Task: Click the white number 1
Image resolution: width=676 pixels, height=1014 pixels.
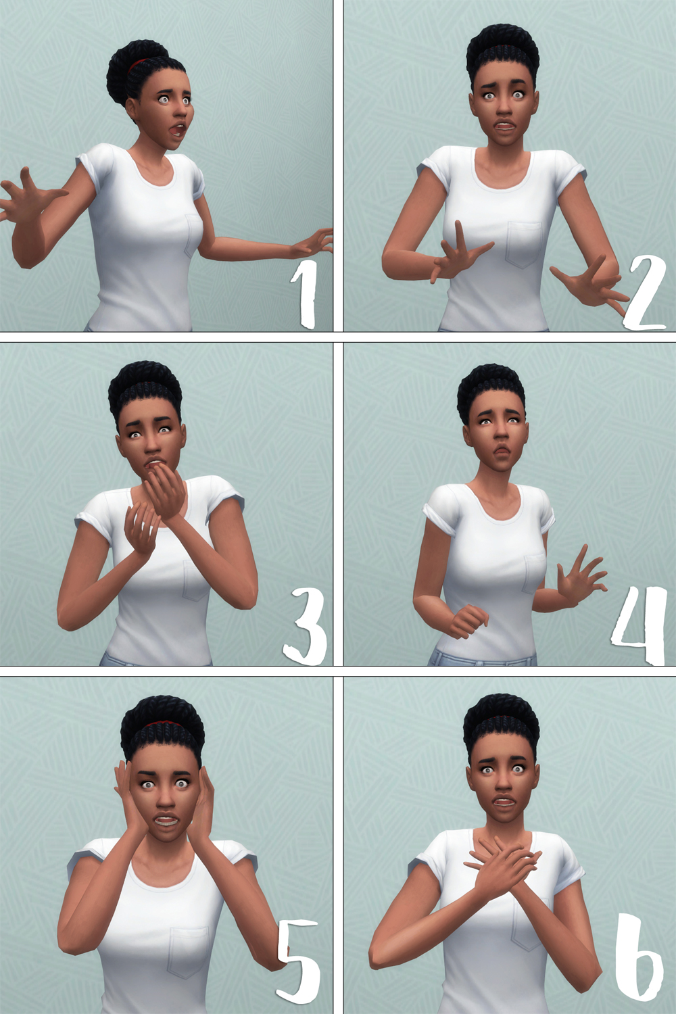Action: [x=305, y=295]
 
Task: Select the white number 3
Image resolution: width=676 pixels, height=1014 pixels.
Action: [x=306, y=626]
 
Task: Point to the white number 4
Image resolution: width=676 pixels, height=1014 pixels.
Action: [x=639, y=625]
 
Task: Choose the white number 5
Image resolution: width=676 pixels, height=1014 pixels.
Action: [x=299, y=960]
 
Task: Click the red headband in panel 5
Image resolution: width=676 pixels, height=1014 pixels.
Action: [x=162, y=726]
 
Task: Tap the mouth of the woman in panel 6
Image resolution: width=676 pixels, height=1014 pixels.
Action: [x=502, y=802]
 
